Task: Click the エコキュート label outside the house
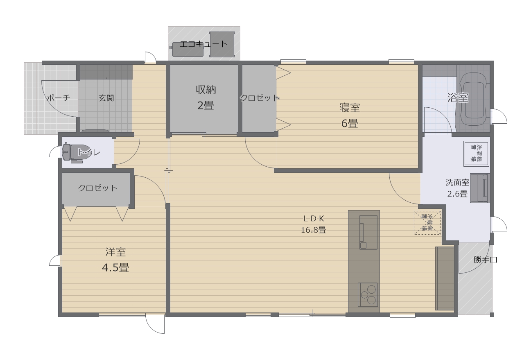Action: [203, 44]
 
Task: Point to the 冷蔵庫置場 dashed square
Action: [427, 223]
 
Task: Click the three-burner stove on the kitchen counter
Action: [368, 294]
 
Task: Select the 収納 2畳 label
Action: [206, 97]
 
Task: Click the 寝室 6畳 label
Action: [350, 115]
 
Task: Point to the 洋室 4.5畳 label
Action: [115, 260]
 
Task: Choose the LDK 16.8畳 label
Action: [313, 224]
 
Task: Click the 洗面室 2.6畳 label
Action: [457, 188]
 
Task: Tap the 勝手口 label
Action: [485, 260]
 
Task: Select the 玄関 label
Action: [106, 98]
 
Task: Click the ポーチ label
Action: [58, 98]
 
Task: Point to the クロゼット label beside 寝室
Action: [259, 98]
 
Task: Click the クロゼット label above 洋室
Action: [98, 188]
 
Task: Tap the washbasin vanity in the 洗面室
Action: [479, 188]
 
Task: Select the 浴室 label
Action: [458, 98]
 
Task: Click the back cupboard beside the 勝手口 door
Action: [445, 278]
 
